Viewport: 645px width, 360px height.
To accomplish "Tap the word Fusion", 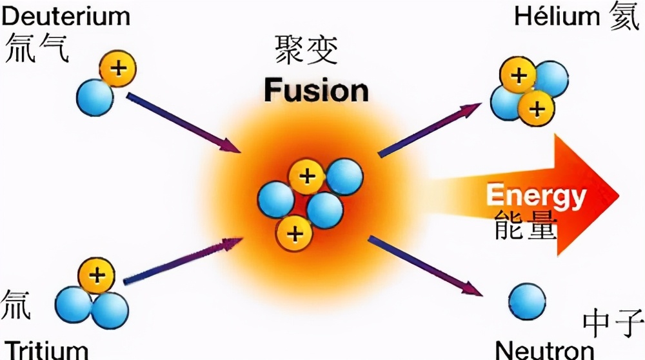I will [316, 90].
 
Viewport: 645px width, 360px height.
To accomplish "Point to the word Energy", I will [535, 195].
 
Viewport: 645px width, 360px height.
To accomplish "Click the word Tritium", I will [45, 350].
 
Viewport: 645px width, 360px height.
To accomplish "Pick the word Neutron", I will [544, 350].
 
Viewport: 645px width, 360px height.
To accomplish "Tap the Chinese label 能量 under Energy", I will [525, 225].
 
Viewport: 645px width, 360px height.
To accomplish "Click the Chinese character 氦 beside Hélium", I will [624, 17].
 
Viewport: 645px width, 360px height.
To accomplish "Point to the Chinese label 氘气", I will [37, 49].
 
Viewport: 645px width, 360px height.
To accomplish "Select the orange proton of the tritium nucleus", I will [97, 276].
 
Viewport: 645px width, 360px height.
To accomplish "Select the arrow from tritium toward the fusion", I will [183, 261].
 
